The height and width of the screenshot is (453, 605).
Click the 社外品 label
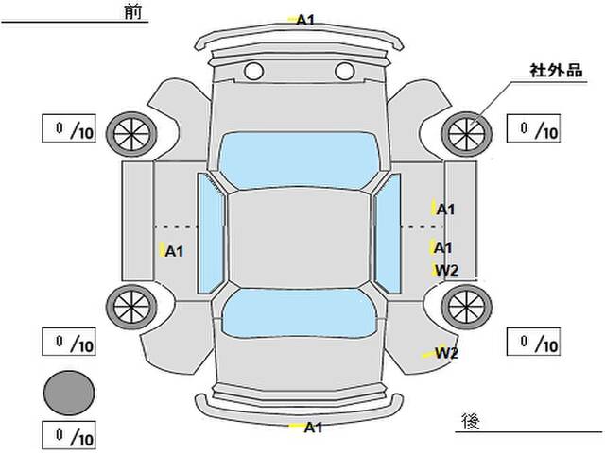coord(556,71)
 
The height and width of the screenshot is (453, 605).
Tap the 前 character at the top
coord(133,12)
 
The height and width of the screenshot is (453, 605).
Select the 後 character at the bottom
coord(471,422)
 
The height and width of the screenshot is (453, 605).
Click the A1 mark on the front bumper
coord(305,20)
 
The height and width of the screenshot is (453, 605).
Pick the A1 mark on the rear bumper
coord(313,428)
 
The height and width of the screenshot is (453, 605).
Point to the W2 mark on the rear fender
coord(446,353)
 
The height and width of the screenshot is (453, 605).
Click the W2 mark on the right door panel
coord(446,271)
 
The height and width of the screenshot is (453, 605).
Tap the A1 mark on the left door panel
coord(174,252)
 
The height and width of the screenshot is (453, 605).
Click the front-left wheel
coord(131,134)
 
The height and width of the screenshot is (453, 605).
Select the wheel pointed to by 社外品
coord(466,134)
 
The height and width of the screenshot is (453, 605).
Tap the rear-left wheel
coord(131,307)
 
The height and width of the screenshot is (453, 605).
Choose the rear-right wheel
coord(466,307)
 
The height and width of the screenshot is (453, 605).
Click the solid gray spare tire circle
coord(69,393)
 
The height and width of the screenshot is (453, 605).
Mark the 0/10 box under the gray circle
coord(69,436)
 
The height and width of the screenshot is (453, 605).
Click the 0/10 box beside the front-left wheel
coord(69,128)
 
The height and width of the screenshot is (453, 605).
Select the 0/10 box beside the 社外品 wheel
coord(533,128)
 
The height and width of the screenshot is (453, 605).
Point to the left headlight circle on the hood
coord(254,72)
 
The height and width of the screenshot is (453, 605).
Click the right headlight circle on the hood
coord(344,72)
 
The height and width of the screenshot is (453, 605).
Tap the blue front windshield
coord(299,160)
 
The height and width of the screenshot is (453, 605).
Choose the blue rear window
coord(299,312)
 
